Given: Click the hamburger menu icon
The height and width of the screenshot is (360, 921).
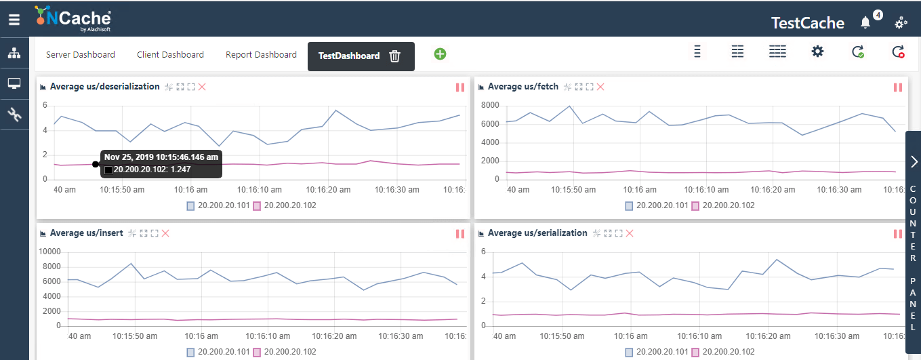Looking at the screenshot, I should pos(14,20).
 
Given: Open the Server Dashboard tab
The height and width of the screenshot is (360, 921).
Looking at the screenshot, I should pos(80,55).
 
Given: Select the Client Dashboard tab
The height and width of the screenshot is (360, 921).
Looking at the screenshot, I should pos(170,55).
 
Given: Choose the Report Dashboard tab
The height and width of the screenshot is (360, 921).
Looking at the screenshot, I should pos(261,55).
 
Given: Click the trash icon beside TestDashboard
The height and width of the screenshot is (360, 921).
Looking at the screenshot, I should pos(395,56).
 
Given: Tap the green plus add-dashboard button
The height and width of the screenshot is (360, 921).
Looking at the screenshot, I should pos(440,54).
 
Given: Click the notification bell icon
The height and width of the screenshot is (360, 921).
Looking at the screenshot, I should pos(865,22).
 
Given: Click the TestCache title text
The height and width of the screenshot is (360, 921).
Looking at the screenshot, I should pos(807,23).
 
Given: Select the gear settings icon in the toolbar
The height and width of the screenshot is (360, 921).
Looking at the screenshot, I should pos(817,52).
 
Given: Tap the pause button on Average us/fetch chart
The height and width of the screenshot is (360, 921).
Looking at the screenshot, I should pos(898,87).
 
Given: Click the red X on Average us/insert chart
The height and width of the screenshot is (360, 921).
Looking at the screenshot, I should pos(165,233).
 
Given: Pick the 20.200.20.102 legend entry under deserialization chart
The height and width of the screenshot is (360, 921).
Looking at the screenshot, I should pos(285,205).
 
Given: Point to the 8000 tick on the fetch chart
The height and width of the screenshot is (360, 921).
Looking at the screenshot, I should pos(489,105).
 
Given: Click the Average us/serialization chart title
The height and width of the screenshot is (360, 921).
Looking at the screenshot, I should pos(537,233).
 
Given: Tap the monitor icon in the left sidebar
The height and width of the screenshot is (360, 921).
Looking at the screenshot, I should pos(14,84).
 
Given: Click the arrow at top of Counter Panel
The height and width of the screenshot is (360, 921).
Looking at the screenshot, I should pos(914,161).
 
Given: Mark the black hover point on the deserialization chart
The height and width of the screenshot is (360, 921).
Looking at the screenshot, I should pos(96,164).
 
